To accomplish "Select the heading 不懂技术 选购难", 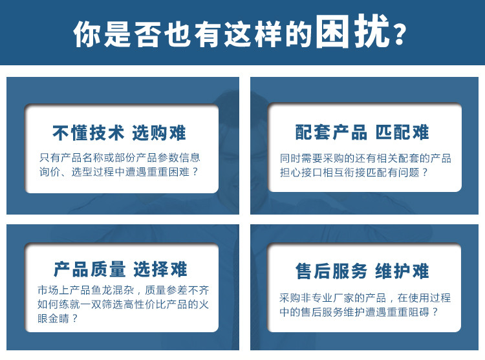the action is (119, 133).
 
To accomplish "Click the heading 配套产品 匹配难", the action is (362, 132).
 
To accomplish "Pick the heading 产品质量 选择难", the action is (120, 269).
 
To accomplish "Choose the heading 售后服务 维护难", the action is (362, 271).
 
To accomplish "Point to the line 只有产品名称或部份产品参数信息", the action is (120, 158).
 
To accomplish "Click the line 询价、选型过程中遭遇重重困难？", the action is (119, 172).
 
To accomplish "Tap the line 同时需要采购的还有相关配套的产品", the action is (365, 158).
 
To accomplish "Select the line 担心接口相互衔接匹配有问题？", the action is (354, 173).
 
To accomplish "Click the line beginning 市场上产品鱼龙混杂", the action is (123, 290).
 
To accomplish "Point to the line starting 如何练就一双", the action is (123, 304).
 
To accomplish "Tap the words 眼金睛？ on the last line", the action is (58, 318).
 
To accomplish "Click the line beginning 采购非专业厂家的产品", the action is (365, 298).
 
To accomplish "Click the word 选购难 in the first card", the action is (159, 133).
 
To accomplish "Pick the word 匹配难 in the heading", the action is (402, 132).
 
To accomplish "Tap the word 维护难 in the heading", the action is (402, 271).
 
